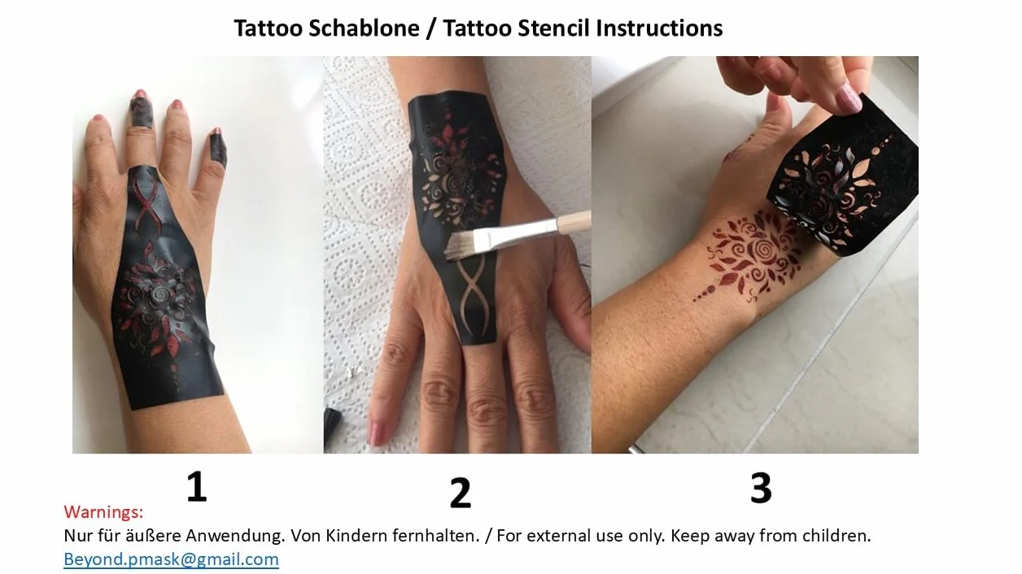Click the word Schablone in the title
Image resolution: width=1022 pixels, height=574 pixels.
pyautogui.click(x=364, y=28)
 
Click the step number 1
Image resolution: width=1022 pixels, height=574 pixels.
pyautogui.click(x=197, y=486)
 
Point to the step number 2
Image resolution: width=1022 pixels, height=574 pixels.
pyautogui.click(x=460, y=493)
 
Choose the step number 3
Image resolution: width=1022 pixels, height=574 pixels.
pyautogui.click(x=761, y=488)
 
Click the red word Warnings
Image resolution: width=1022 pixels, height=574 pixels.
pyautogui.click(x=103, y=512)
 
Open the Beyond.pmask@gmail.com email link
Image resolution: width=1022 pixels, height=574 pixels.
pyautogui.click(x=171, y=559)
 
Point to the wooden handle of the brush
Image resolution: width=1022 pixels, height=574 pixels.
pyautogui.click(x=574, y=222)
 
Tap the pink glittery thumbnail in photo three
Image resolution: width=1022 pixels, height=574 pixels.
pyautogui.click(x=848, y=98)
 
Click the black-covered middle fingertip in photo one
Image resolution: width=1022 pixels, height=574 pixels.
pyautogui.click(x=141, y=111)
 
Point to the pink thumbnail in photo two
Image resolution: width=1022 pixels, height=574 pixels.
pyautogui.click(x=378, y=433)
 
